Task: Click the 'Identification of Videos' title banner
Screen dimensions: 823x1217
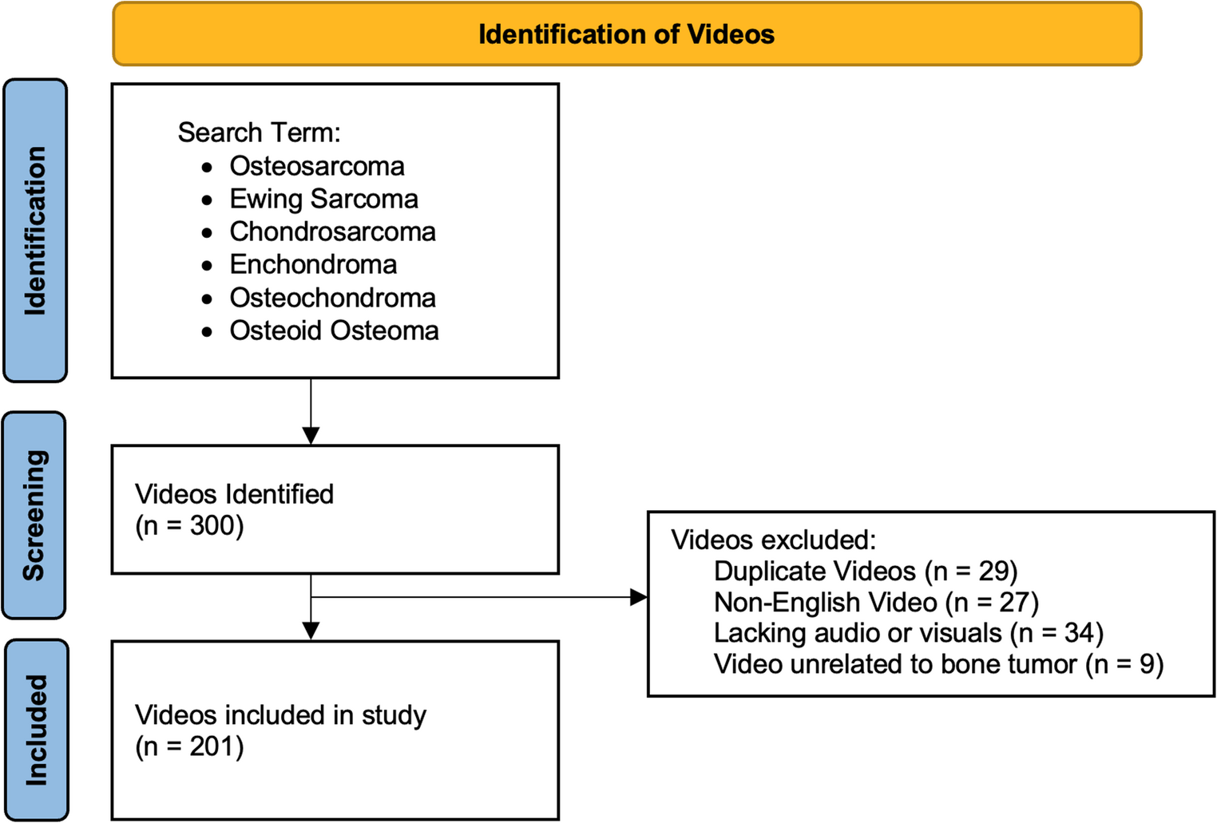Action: pos(626,34)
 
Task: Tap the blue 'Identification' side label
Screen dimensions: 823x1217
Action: pos(35,231)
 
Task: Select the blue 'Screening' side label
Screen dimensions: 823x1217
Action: pos(34,515)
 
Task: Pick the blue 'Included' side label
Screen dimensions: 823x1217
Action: pos(37,730)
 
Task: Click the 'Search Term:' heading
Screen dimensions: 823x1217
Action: pos(259,133)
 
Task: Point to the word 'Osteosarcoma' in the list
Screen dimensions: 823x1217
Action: pos(317,166)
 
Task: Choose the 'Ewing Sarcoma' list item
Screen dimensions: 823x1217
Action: pos(323,199)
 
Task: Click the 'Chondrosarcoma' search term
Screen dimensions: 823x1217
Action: pos(332,232)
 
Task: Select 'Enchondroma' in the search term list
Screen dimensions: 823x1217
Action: pos(313,264)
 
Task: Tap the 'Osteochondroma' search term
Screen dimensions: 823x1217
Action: pos(332,298)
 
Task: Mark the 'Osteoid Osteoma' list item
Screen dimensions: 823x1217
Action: pos(334,330)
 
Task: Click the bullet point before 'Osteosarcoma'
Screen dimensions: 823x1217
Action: pos(208,167)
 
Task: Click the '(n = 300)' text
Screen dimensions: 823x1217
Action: pos(189,526)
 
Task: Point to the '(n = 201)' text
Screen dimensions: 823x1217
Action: pos(189,747)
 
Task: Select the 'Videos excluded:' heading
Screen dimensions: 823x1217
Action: pos(773,540)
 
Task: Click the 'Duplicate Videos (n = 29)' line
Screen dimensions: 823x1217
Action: pos(866,572)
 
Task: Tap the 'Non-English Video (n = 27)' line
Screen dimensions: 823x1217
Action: pos(876,603)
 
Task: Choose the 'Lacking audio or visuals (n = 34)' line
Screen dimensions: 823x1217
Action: pos(908,633)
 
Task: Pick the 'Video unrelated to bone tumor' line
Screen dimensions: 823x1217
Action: pos(938,664)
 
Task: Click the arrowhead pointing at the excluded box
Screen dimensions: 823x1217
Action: pos(639,597)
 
